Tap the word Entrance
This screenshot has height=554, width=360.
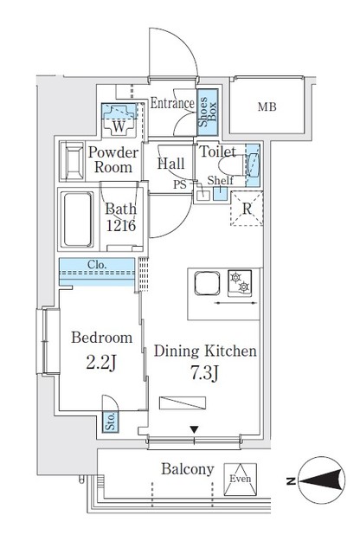tap(171, 103)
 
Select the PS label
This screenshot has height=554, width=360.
tap(180, 184)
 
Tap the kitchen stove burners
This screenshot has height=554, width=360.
tap(239, 282)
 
